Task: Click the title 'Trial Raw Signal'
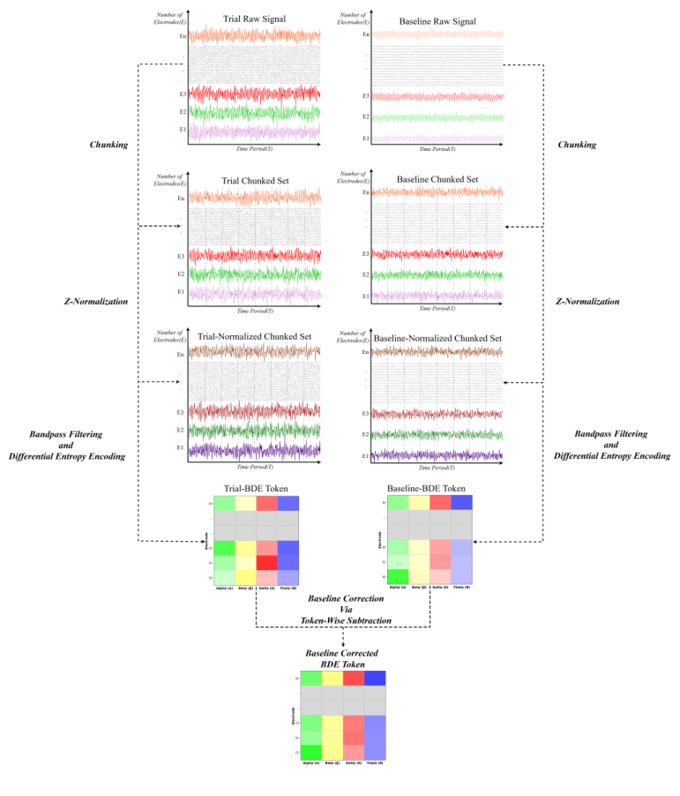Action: coord(255,19)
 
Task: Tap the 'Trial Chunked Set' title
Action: coord(255,181)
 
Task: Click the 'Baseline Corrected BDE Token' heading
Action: coord(341,658)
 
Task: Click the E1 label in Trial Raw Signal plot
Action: coord(182,130)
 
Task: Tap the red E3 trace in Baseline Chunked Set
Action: coord(437,254)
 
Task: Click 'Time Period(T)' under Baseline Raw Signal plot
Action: coord(437,151)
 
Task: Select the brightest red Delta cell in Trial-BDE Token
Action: coord(266,562)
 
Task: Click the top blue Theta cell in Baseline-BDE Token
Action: coord(460,502)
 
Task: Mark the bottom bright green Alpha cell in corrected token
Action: coord(310,752)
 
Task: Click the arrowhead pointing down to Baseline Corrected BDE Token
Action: coord(342,646)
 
